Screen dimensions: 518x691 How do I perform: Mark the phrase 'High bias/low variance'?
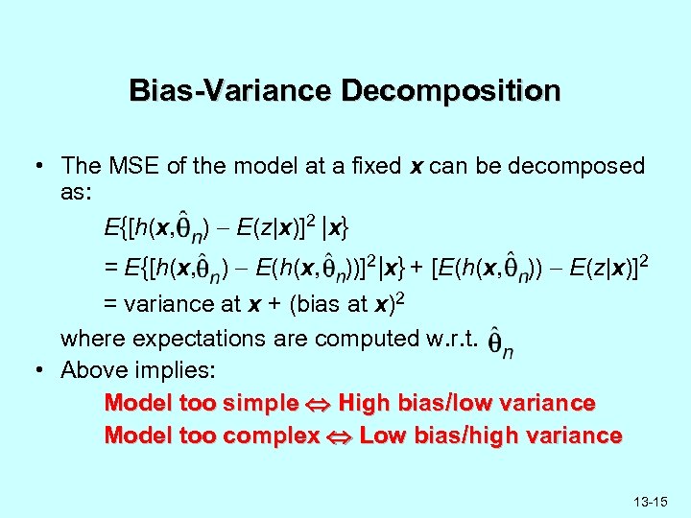click(x=467, y=403)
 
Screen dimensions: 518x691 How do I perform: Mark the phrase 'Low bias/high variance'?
click(x=491, y=436)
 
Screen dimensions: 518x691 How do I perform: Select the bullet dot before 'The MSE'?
click(x=38, y=166)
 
